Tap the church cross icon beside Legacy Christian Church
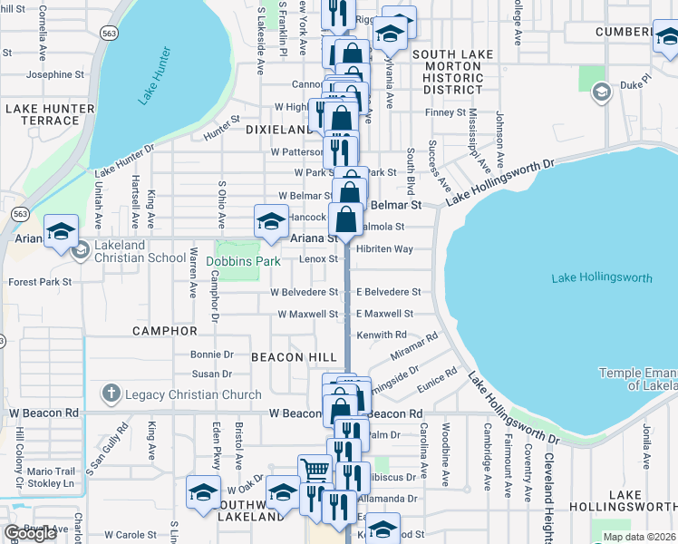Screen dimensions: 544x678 pyautogui.click(x=111, y=393)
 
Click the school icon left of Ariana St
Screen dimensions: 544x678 pyautogui.click(x=271, y=221)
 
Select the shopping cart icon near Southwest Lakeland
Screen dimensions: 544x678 pyautogui.click(x=314, y=469)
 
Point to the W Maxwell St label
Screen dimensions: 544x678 pyautogui.click(x=307, y=314)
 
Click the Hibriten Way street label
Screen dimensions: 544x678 pyautogui.click(x=384, y=248)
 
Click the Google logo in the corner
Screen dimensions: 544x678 pyautogui.click(x=30, y=533)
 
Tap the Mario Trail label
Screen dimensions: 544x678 pyautogui.click(x=51, y=471)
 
